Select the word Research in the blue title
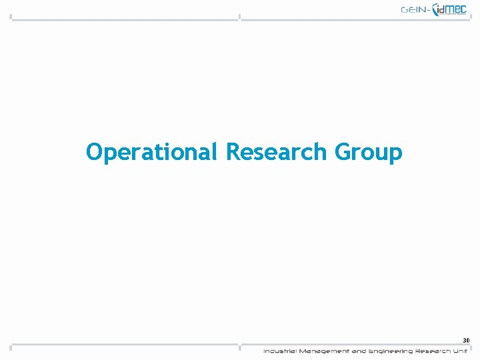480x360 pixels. pos(277,151)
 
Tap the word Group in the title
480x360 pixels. pos(368,152)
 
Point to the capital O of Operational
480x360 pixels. pos(94,151)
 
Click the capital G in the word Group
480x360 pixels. pos(343,151)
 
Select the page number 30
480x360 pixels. pos(466,340)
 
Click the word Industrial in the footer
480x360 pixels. pos(280,351)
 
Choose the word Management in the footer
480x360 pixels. pos(323,351)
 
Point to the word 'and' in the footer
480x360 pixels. pos(359,351)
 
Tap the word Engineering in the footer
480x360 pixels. pos(391,351)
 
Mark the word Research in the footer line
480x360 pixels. pos(433,351)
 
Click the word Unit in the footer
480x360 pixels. pos(461,351)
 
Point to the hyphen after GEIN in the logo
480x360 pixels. pos(429,10)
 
